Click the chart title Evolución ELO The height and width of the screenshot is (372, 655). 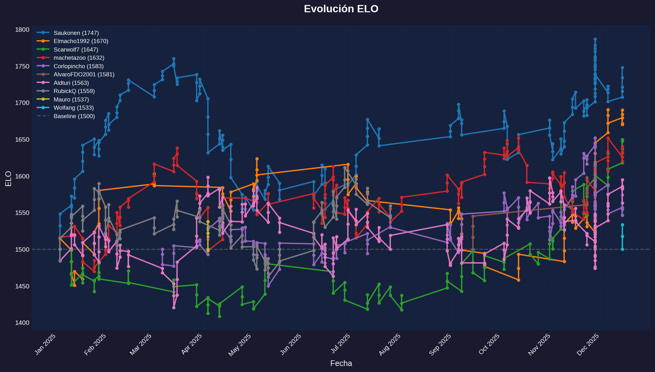tap(341, 9)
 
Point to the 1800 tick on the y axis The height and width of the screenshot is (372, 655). tap(22, 30)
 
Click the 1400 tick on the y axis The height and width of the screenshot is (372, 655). tap(22, 323)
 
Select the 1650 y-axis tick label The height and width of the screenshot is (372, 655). tap(22, 139)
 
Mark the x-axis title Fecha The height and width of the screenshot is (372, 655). tap(341, 364)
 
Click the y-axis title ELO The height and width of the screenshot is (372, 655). tap(8, 178)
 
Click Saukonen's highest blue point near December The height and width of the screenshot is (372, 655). tap(595, 39)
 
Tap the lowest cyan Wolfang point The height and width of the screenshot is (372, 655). tap(622, 249)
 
